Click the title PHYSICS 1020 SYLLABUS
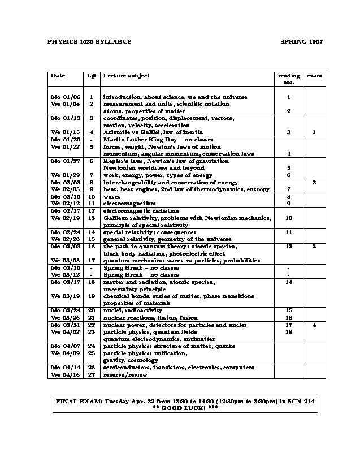pos(89,42)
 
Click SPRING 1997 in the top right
pos(301,42)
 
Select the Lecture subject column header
pos(126,76)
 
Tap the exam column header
pos(314,75)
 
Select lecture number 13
pos(91,218)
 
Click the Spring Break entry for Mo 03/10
pos(141,267)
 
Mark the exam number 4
pos(314,325)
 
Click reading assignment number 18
pos(289,332)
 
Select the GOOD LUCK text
pos(185,408)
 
